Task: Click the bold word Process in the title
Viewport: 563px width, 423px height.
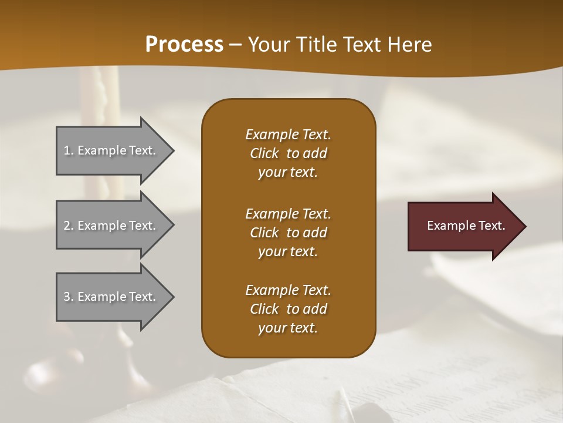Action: (x=184, y=45)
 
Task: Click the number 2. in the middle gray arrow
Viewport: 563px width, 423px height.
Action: (x=69, y=226)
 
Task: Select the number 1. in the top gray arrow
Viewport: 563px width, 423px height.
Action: (x=69, y=150)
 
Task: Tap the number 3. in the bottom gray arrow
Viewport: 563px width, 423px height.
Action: (x=69, y=297)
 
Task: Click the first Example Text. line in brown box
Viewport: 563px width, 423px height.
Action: (x=288, y=135)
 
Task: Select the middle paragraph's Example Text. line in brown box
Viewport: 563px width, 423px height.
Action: (x=288, y=214)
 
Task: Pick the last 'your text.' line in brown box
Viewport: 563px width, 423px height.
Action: (x=288, y=328)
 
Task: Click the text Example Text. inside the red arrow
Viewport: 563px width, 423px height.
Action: (x=466, y=226)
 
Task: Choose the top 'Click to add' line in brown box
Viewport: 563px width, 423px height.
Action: (x=288, y=153)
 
